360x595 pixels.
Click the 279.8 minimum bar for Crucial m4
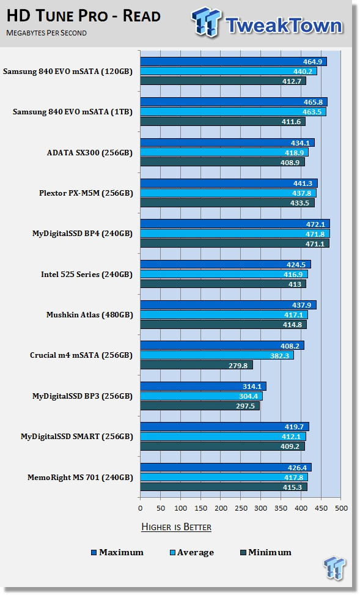pyautogui.click(x=196, y=365)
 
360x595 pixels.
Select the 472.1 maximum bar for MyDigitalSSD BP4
pyautogui.click(x=235, y=223)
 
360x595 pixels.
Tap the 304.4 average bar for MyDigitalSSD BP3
pyautogui.click(x=202, y=396)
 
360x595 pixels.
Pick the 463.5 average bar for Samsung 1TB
pyautogui.click(x=233, y=111)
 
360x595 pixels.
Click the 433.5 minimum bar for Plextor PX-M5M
pyautogui.click(x=227, y=203)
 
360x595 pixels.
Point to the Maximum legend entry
pyautogui.click(x=117, y=553)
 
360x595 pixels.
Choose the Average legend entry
pyautogui.click(x=192, y=553)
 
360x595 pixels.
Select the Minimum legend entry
pyautogui.click(x=266, y=553)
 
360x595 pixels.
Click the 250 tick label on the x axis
pyautogui.click(x=241, y=508)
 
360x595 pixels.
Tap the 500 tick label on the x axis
pyautogui.click(x=341, y=508)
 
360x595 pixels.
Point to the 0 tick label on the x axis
pyautogui.click(x=141, y=508)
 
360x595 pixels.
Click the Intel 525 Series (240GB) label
pyautogui.click(x=87, y=275)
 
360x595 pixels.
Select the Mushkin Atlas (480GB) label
pyautogui.click(x=89, y=314)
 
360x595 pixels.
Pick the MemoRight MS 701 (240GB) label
pyautogui.click(x=80, y=478)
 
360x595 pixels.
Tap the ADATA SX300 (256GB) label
pyautogui.click(x=89, y=153)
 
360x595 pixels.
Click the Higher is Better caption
pyautogui.click(x=177, y=527)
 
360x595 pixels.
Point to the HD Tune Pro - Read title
pyautogui.click(x=84, y=16)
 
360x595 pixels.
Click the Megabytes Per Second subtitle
pyautogui.click(x=46, y=33)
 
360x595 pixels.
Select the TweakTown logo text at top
pyautogui.click(x=284, y=26)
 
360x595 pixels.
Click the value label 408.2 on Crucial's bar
pyautogui.click(x=290, y=346)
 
